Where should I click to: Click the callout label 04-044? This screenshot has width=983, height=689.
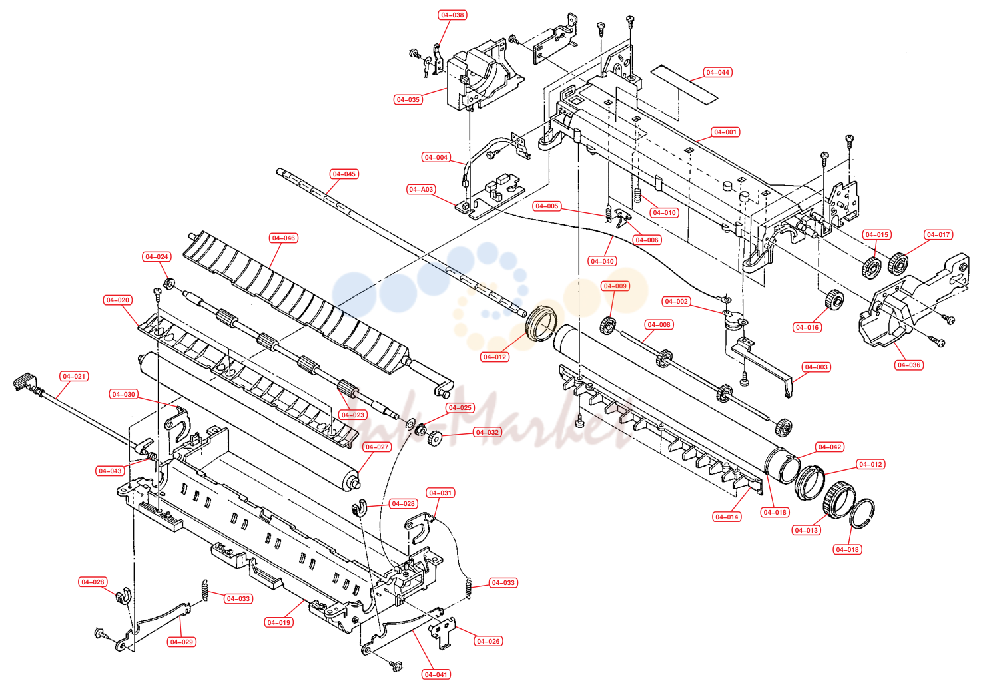[717, 72]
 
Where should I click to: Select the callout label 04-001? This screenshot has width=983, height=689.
[725, 132]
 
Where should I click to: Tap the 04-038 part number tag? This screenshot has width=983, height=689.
[452, 15]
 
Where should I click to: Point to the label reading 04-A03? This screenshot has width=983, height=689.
[421, 190]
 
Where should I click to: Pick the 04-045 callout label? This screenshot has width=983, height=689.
[344, 174]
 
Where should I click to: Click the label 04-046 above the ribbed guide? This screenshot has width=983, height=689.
[284, 238]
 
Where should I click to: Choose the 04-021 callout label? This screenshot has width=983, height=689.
[74, 376]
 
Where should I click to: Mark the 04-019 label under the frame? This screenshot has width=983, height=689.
[279, 622]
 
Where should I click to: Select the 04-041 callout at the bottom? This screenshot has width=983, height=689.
[436, 674]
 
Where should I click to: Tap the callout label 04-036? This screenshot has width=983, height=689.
[909, 365]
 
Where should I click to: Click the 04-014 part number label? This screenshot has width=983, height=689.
[727, 517]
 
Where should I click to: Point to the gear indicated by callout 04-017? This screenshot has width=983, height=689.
[898, 264]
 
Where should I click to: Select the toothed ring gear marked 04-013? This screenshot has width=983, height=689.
[839, 499]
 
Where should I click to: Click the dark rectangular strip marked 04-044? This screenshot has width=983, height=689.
[684, 85]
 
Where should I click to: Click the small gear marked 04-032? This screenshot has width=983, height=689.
[434, 438]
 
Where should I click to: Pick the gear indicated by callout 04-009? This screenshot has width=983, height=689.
[608, 325]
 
